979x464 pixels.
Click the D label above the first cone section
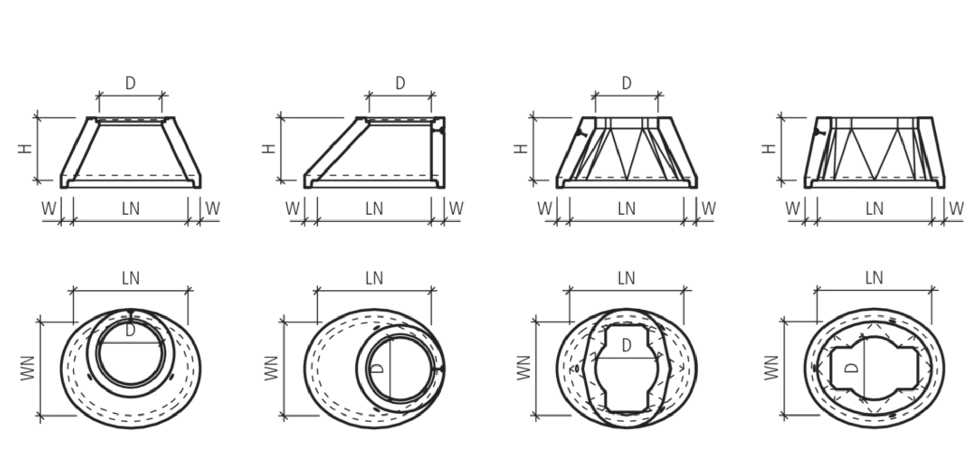point(131,83)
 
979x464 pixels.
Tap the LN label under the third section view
point(627,209)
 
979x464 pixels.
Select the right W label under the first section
point(212,209)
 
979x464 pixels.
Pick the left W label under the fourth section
point(792,209)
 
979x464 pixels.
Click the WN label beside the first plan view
point(28,368)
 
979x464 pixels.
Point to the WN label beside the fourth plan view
point(771,368)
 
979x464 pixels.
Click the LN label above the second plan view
point(374,278)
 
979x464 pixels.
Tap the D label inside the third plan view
point(627,346)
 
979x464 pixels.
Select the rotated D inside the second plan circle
point(377,368)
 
